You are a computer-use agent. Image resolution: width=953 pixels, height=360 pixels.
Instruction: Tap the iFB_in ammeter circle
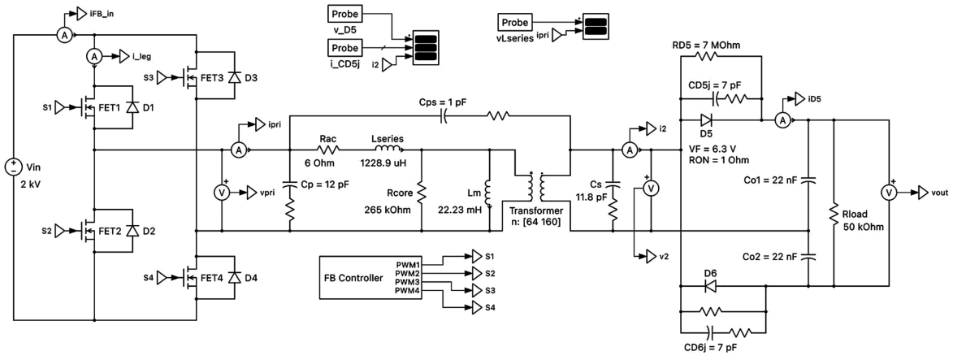coord(65,36)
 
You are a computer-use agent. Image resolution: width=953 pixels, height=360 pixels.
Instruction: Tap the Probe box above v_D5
coord(344,14)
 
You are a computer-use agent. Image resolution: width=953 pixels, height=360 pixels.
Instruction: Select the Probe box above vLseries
coord(515,23)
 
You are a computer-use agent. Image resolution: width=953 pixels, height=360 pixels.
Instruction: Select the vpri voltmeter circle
coord(221,193)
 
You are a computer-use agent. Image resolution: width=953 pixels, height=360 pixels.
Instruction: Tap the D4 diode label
coord(249,278)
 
